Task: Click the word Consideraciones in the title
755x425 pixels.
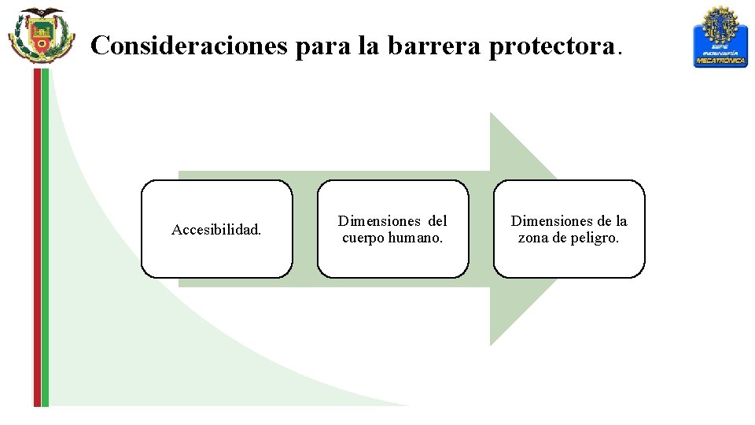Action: (189, 46)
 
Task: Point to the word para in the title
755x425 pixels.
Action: (323, 46)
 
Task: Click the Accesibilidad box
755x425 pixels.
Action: (216, 229)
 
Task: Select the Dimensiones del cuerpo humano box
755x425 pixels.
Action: (392, 229)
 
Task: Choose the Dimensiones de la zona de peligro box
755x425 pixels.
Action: (569, 229)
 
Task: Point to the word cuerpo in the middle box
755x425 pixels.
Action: (361, 238)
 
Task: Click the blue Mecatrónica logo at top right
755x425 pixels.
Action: (720, 36)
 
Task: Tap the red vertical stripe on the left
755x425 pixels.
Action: (37, 236)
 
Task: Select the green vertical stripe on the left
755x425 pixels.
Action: (45, 236)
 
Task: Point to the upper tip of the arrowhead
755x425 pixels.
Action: (492, 115)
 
